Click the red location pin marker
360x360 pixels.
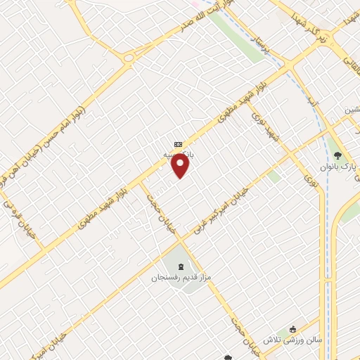pos(181,166)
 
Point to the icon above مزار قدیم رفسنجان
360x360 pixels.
pos(183,266)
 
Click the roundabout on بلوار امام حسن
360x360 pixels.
pos(129,58)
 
